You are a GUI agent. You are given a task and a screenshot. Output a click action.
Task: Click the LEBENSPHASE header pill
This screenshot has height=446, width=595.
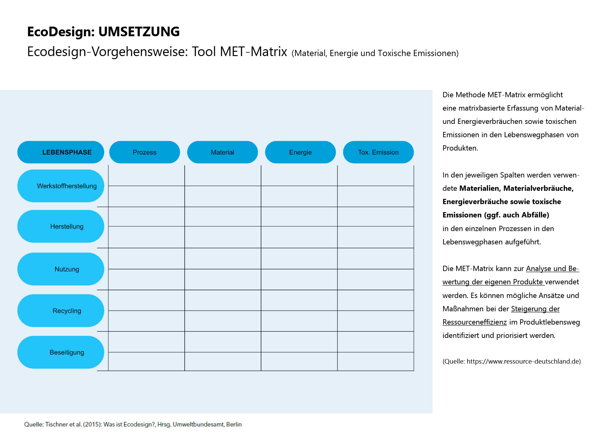tap(61, 152)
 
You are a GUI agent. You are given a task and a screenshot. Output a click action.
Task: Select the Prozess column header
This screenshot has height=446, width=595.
tap(144, 152)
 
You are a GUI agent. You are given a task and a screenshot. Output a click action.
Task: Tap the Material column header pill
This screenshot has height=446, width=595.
tap(223, 152)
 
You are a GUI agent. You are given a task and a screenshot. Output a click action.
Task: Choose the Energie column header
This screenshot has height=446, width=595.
tap(300, 152)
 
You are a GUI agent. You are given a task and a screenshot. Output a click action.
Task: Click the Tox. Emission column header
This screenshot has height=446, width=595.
tap(378, 152)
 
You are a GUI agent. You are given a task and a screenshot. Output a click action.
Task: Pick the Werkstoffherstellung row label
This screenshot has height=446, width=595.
tap(61, 186)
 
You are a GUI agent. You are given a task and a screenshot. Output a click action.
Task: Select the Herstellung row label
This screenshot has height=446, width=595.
tap(61, 226)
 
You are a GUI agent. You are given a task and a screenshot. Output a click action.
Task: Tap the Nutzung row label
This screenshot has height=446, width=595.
tap(61, 269)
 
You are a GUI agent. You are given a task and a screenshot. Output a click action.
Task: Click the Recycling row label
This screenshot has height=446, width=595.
tap(61, 311)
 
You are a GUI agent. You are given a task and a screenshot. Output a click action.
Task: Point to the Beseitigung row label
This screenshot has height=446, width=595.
tap(61, 352)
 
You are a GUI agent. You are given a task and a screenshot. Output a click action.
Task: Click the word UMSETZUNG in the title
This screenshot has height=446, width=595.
tap(139, 32)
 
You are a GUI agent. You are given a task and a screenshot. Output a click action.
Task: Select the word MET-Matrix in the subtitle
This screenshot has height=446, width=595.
tap(253, 52)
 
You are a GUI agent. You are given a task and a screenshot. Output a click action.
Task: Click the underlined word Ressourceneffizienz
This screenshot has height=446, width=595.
tap(474, 322)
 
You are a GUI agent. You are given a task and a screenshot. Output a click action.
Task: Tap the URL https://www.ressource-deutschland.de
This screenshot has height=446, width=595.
tap(523, 361)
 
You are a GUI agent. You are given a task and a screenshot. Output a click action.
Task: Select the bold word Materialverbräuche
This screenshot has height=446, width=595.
tap(538, 188)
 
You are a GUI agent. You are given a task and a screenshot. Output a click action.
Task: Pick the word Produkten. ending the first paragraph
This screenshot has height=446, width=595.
tap(460, 148)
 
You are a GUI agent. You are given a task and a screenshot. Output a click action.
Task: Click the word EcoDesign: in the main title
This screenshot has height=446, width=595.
tap(61, 32)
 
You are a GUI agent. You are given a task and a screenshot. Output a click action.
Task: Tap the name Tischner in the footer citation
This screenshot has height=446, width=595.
tap(56, 424)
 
